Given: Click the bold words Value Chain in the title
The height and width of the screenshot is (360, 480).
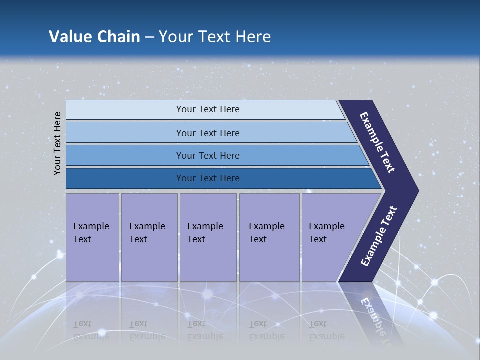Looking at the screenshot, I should pos(94,37).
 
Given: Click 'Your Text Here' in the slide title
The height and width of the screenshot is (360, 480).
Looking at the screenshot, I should pos(215,37).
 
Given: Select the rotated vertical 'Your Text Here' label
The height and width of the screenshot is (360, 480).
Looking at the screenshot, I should pos(57,143).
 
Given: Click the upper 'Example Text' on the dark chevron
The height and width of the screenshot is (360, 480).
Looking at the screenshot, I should pos(377,142).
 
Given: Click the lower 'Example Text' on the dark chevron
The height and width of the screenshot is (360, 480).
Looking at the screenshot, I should pos(379,236).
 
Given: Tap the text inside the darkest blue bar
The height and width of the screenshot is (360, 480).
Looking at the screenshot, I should pos(208,178).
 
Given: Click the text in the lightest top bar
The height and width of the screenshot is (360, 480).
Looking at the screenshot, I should pos(208,109).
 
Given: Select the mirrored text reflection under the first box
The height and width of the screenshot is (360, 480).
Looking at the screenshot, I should pos(91,330).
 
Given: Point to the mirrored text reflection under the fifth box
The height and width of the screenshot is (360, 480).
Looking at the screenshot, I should pos(326,330).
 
